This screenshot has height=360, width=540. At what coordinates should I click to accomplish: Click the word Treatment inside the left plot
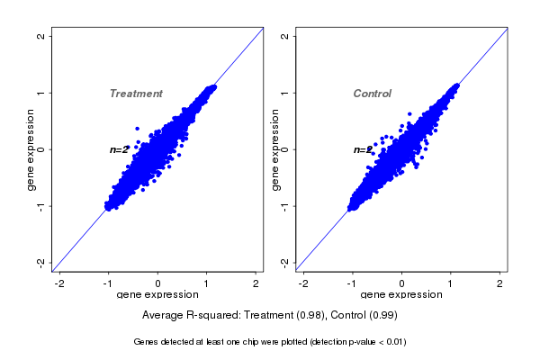tap(136, 94)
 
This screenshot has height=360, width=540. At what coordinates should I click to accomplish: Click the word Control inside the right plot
tap(372, 94)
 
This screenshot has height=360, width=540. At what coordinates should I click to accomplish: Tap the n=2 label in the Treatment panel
tap(119, 149)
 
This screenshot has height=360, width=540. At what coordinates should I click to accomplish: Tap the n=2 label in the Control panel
tap(362, 149)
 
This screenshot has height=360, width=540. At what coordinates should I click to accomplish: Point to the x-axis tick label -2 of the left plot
tap(60, 283)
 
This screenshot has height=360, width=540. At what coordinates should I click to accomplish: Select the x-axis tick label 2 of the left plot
tap(256, 283)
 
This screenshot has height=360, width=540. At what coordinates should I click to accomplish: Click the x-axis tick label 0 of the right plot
tap(402, 283)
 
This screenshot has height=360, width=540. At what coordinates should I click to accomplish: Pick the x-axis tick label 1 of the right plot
tap(451, 283)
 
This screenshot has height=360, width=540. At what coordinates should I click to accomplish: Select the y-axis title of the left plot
tap(31, 149)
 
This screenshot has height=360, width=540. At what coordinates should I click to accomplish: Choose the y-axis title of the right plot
tap(274, 149)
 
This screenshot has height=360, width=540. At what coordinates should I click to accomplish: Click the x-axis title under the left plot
tap(157, 294)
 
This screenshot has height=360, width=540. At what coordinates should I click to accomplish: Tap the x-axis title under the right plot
tap(400, 294)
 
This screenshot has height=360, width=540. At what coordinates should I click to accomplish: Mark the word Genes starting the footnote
tap(146, 342)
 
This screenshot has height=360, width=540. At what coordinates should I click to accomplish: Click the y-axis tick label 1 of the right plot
tap(284, 93)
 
